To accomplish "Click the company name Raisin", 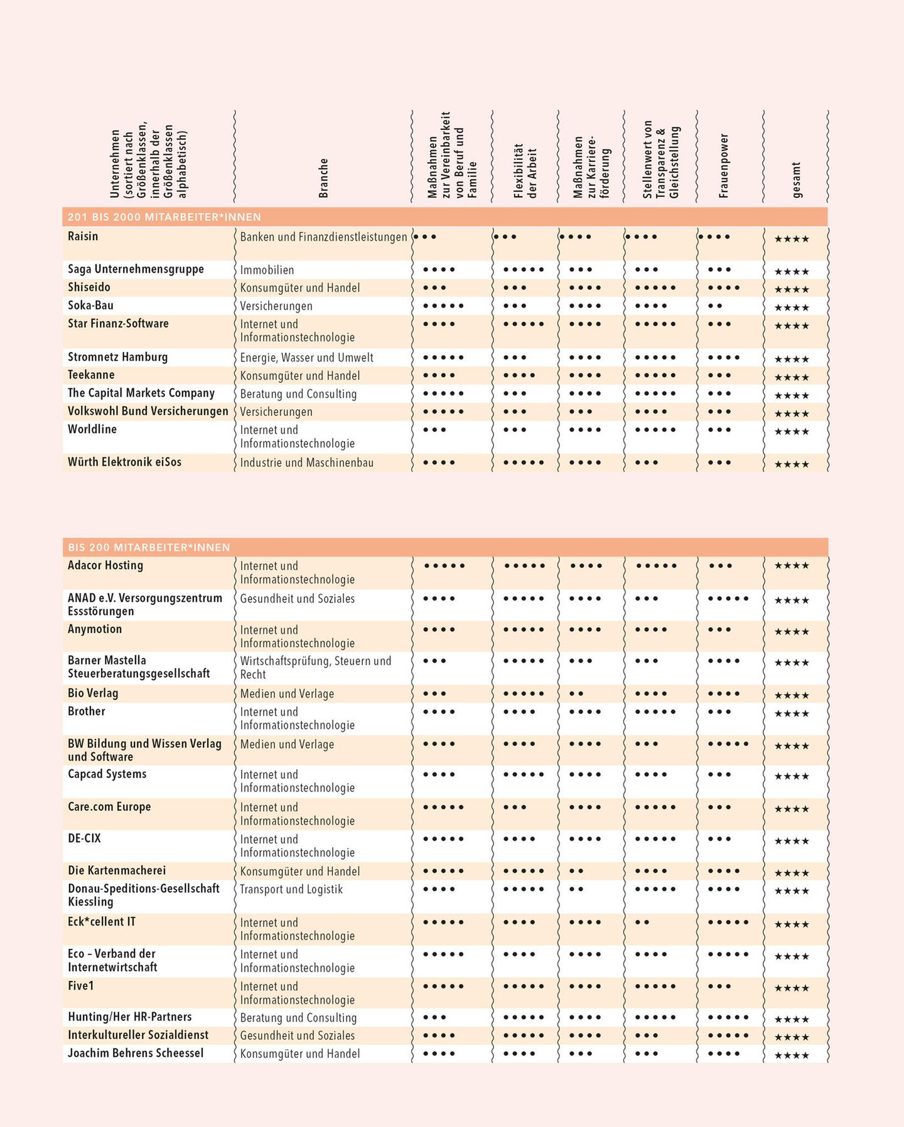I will pos(83,237).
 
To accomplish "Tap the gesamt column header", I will pos(797,179).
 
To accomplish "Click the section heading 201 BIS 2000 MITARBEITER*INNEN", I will pos(164,217).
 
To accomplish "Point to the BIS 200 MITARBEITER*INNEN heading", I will pos(149,548).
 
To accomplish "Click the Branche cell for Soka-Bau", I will pos(276,306).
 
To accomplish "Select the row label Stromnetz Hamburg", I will pos(118,357).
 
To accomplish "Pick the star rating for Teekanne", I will pos(792,377).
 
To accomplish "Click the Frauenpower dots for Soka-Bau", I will pos(715,306).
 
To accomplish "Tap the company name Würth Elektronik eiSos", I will pos(124,462).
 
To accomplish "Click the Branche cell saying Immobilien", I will pos(267,270).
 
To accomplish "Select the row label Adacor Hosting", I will pos(105,565).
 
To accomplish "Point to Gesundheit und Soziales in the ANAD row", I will pos(297,599).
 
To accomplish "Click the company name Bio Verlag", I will pos(93,693).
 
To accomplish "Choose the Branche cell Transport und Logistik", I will pos(291,889).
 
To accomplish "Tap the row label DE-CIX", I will pos(84,838).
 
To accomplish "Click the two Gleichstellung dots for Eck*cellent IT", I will pos(642,922).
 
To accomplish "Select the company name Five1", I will pos(81,986).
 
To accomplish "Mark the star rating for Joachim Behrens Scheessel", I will pos(792,1055).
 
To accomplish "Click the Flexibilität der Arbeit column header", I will pos(525,171).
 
